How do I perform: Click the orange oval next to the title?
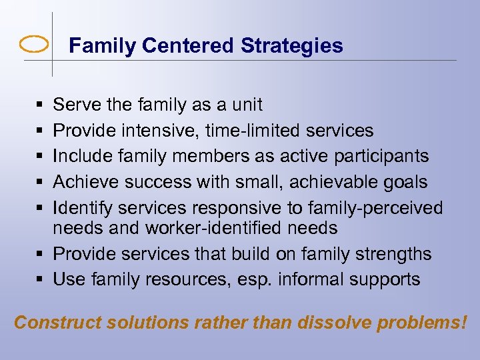click(34, 45)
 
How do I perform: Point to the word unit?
click(246, 105)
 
